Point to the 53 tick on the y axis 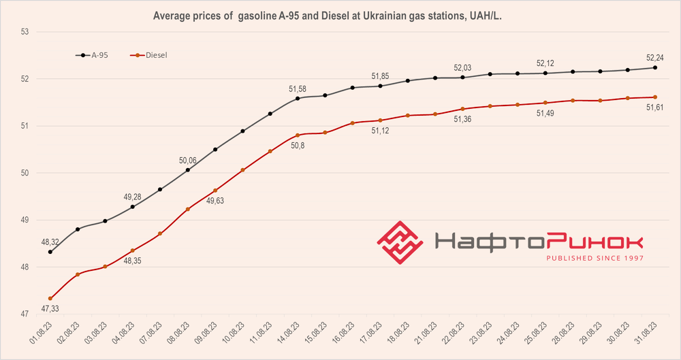[24, 32]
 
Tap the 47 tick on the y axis [24, 314]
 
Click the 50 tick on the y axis [24, 173]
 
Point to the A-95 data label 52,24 [655, 57]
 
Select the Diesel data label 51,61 [655, 107]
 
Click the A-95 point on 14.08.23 [298, 98]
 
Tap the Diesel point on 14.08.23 [298, 135]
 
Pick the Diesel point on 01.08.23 [50, 298]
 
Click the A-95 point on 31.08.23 [655, 67]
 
